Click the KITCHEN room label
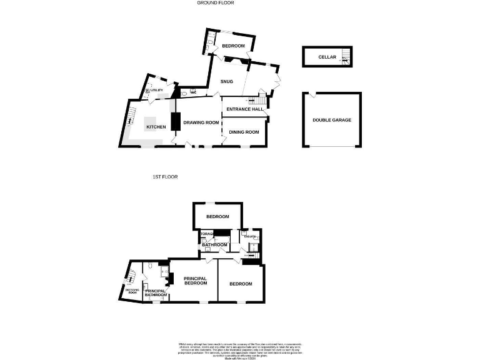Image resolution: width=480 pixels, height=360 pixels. coord(156,127)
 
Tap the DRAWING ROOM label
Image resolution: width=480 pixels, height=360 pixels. coord(201,122)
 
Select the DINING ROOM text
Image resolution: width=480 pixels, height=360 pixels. coord(244,132)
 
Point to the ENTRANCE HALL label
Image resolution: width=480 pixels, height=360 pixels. coord(244,109)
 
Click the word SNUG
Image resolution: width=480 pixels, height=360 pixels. coord(226,81)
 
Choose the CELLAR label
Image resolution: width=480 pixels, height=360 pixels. coord(327,57)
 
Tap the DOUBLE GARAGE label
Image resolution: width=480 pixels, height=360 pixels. coord(332,120)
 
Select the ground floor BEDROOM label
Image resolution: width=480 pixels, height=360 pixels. coord(232,46)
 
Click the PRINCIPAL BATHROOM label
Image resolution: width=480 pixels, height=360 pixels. coord(156,292)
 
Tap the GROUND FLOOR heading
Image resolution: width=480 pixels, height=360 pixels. coord(214,3)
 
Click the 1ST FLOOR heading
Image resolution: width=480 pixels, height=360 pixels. coord(165,177)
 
